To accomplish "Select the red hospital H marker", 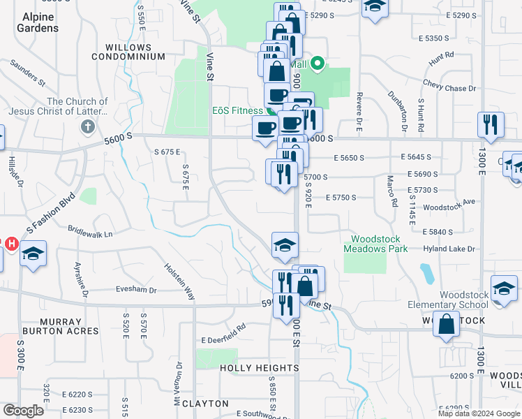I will pyautogui.click(x=11, y=244).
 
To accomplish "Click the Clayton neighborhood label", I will pyautogui.click(x=200, y=403).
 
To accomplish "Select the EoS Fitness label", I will pyautogui.click(x=237, y=110).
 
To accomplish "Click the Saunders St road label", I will pyautogui.click(x=27, y=73).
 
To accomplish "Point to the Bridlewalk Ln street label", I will pyautogui.click(x=90, y=231).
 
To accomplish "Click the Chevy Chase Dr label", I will pyautogui.click(x=449, y=89).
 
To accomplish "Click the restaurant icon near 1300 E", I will pyautogui.click(x=491, y=124).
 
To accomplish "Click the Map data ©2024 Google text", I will pyautogui.click(x=479, y=413).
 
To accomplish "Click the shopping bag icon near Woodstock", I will pyautogui.click(x=446, y=324).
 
